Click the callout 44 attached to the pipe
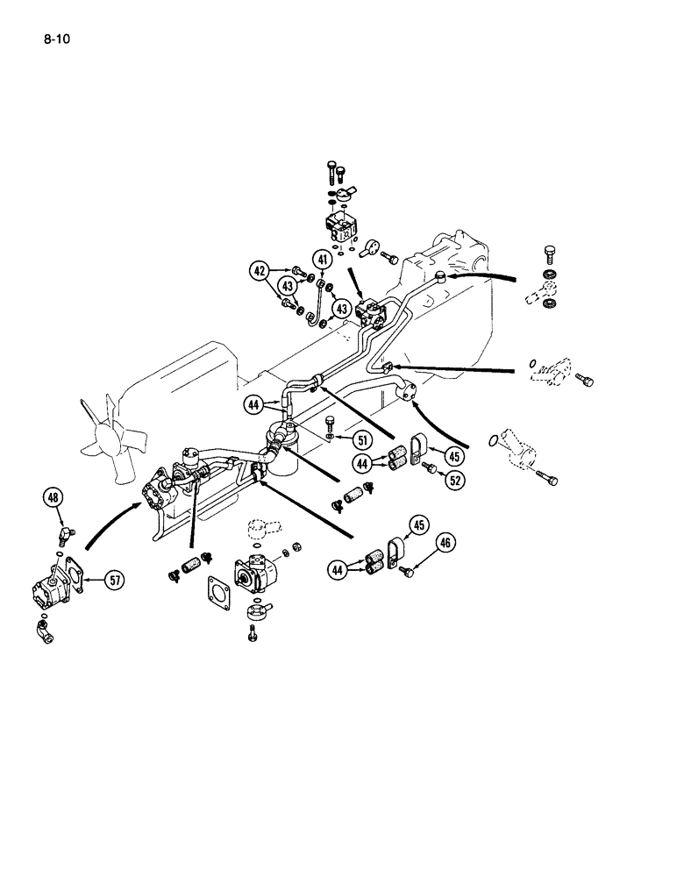click(255, 404)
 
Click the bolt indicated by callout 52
click(429, 470)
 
